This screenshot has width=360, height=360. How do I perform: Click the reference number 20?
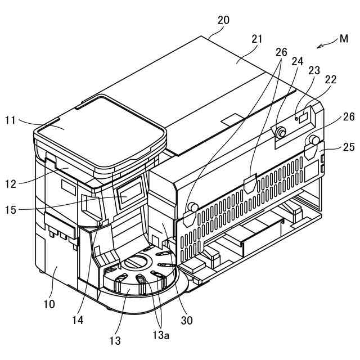pyautogui.click(x=223, y=20)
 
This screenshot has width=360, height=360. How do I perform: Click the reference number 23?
pyautogui.click(x=314, y=70)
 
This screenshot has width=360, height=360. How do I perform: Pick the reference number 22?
pyautogui.click(x=330, y=79)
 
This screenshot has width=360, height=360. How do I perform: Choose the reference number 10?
pyautogui.click(x=49, y=304)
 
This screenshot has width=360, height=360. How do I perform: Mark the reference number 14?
pyautogui.click(x=78, y=320)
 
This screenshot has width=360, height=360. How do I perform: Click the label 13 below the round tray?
pyautogui.click(x=115, y=340)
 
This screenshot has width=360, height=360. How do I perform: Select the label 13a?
pyautogui.click(x=164, y=336)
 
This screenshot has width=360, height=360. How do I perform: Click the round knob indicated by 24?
pyautogui.click(x=280, y=133)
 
